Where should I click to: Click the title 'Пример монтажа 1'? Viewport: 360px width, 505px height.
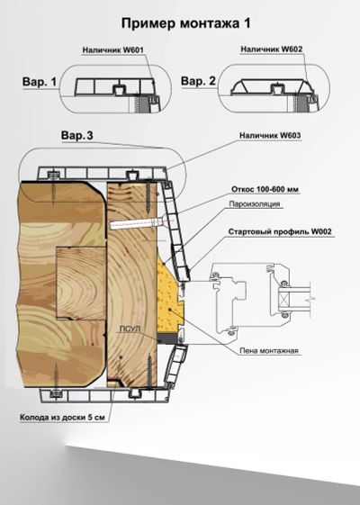185,23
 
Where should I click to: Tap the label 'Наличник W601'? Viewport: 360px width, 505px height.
113,50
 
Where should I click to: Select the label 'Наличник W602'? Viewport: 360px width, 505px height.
272,50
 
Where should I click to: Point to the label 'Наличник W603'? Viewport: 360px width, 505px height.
270,136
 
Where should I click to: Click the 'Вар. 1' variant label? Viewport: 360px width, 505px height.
40,82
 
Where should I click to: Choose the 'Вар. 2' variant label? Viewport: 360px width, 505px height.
198,80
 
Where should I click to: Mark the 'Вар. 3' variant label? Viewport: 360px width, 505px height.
77,136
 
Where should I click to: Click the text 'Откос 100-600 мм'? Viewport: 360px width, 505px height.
265,189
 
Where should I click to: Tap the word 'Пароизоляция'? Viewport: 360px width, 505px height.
255,203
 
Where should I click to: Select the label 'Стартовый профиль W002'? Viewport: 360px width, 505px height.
280,232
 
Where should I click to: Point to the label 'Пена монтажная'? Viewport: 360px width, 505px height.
269,351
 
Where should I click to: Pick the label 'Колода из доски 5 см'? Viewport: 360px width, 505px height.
62,418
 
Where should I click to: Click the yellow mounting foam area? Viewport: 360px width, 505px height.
167,302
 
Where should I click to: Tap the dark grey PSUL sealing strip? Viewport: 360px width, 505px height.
167,338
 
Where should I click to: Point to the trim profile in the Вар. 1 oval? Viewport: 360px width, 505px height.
114,87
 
